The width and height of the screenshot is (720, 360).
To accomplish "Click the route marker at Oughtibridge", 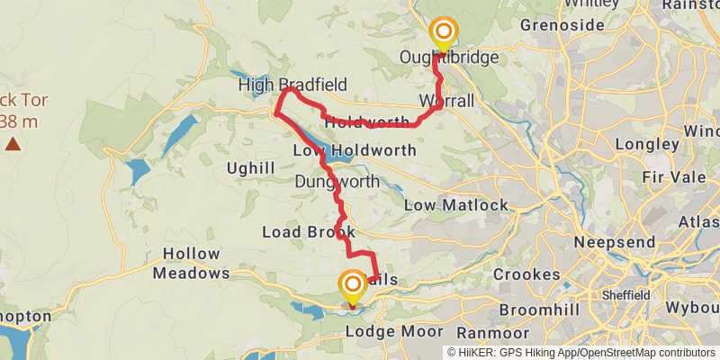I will pos(443,34).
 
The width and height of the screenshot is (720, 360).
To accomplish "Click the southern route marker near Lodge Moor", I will pos(352,287).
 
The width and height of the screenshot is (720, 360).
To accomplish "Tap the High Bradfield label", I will pos(292,85).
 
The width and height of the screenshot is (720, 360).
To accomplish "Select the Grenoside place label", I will pos(562,25).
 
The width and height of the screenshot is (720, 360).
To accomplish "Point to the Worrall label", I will pos(446,101).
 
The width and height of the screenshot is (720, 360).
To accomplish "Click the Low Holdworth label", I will pos(355,149).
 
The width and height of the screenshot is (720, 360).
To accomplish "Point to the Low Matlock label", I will pos(455,205).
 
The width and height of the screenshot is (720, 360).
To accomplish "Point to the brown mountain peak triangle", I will pos(13,143).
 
